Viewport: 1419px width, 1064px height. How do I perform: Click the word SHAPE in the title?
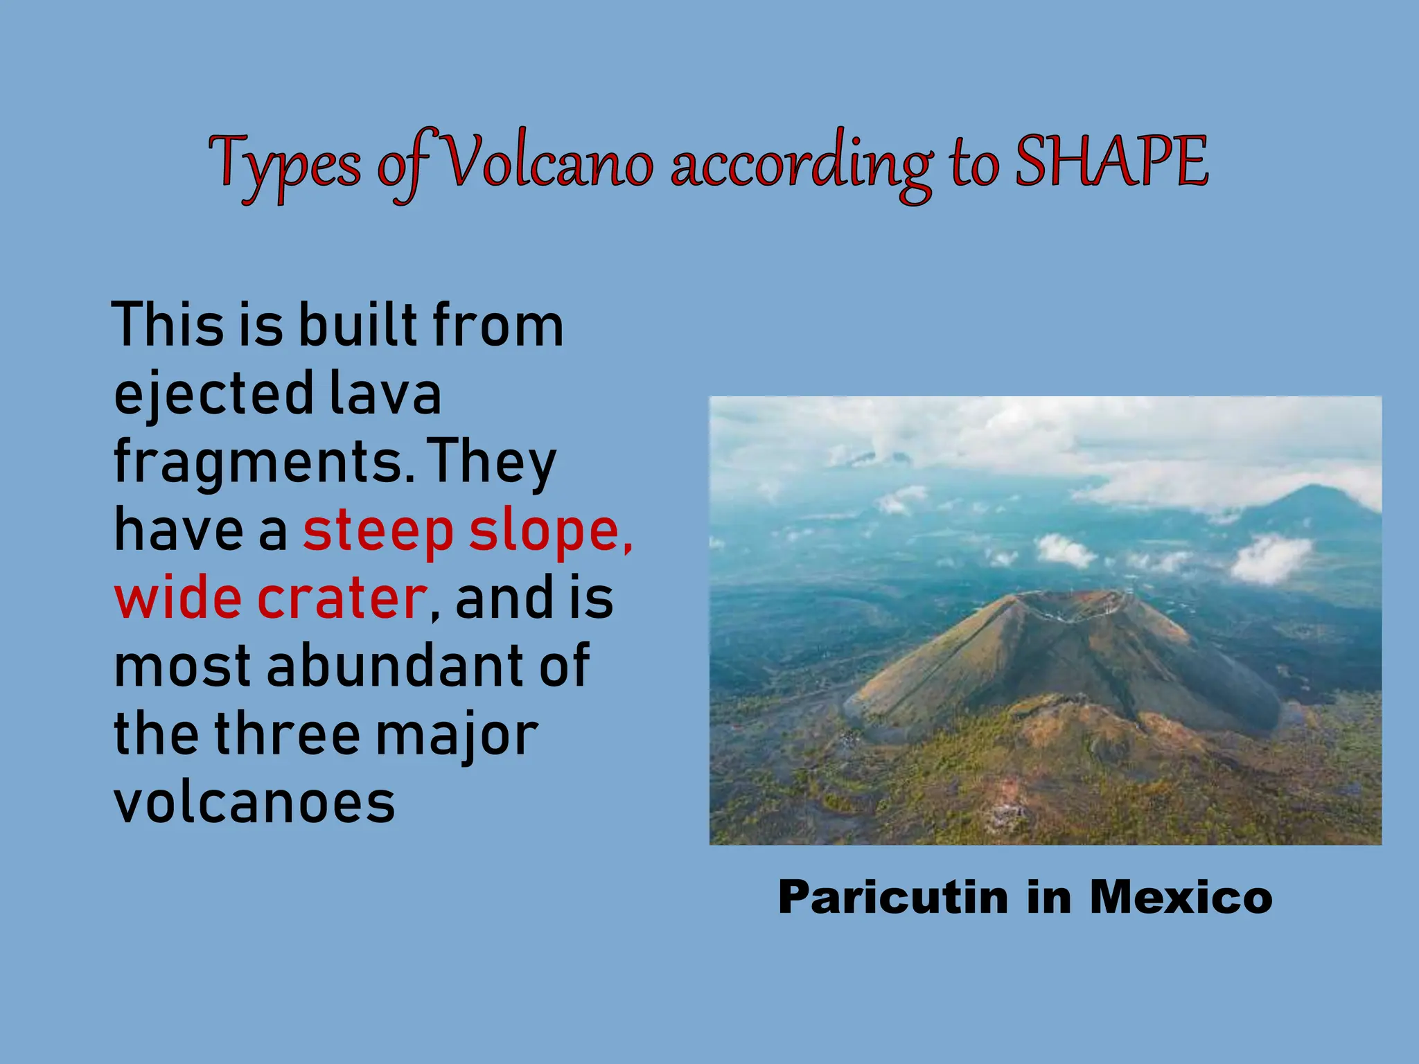pyautogui.click(x=1111, y=162)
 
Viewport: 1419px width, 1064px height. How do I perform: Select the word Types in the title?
pyautogui.click(x=285, y=165)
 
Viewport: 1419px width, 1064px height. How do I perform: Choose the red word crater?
pyautogui.click(x=342, y=598)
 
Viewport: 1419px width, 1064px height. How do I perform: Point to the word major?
pyautogui.click(x=457, y=735)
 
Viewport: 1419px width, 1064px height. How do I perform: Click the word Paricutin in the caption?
pyautogui.click(x=893, y=897)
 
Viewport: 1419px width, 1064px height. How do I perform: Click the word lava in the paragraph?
pyautogui.click(x=385, y=393)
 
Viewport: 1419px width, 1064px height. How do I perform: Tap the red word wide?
pyautogui.click(x=177, y=598)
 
